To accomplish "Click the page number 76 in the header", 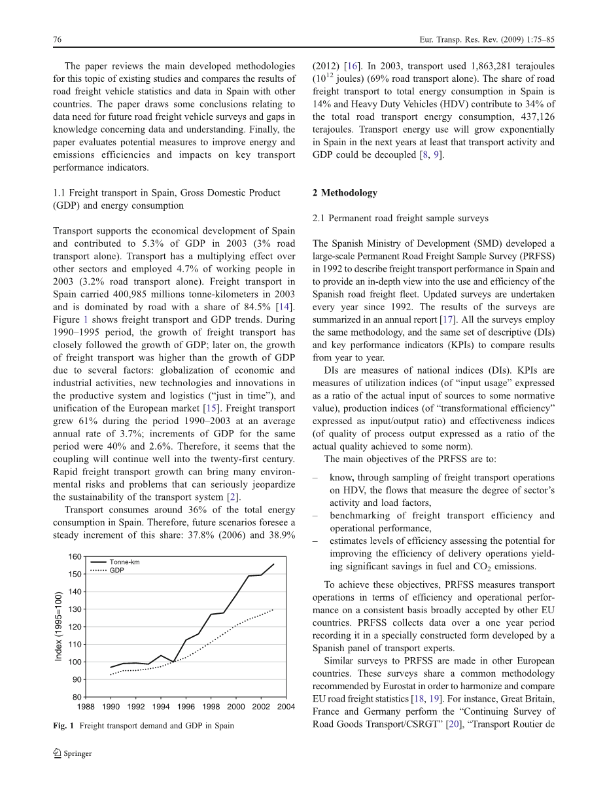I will click(57, 40).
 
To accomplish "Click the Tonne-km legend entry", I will click(124, 562).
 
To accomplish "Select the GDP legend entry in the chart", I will click(117, 571).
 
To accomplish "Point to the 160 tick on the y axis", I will click(75, 557).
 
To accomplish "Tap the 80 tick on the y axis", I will click(77, 697).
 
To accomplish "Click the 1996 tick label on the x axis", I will click(186, 707).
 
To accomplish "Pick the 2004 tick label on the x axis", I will click(286, 707).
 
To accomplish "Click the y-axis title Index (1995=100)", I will click(59, 626).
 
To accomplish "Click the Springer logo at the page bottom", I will click(73, 753).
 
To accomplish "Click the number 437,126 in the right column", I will click(536, 116).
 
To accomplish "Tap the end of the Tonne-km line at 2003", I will click(273, 564).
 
